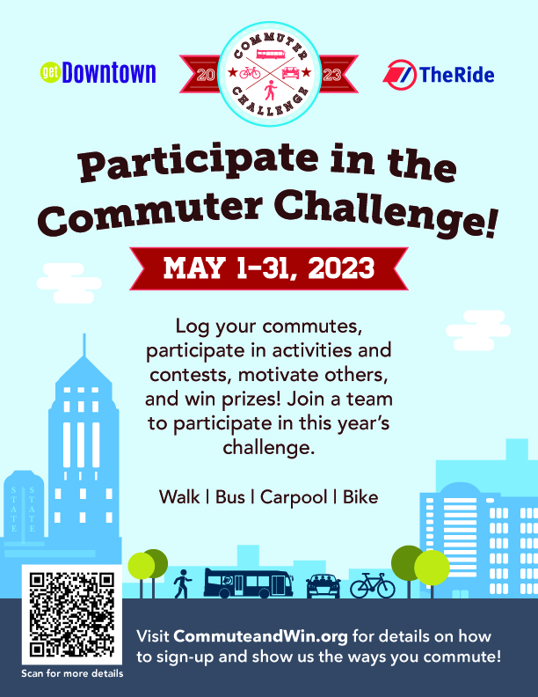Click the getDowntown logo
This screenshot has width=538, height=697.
click(x=98, y=72)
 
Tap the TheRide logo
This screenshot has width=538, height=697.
click(x=438, y=74)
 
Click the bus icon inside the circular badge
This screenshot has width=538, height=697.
click(x=271, y=55)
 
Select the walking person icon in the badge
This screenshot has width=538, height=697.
click(x=270, y=91)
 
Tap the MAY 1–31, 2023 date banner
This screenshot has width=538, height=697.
click(x=269, y=268)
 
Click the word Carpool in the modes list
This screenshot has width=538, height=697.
click(x=294, y=497)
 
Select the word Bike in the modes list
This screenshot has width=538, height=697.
click(x=360, y=497)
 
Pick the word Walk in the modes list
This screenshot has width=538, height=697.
click(x=179, y=497)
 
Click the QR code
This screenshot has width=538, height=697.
click(x=72, y=615)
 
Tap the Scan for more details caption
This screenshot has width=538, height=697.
click(x=72, y=673)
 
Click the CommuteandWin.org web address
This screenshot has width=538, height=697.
click(x=260, y=636)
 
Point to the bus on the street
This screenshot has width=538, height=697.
click(x=248, y=583)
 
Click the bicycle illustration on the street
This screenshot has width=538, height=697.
click(x=373, y=585)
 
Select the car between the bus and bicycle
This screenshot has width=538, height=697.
click(x=324, y=586)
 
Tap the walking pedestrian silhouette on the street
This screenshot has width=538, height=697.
click(x=182, y=583)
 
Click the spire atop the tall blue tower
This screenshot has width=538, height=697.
click(x=84, y=344)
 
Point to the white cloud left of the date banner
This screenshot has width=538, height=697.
click(x=69, y=283)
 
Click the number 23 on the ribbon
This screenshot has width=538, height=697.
click(x=332, y=75)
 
